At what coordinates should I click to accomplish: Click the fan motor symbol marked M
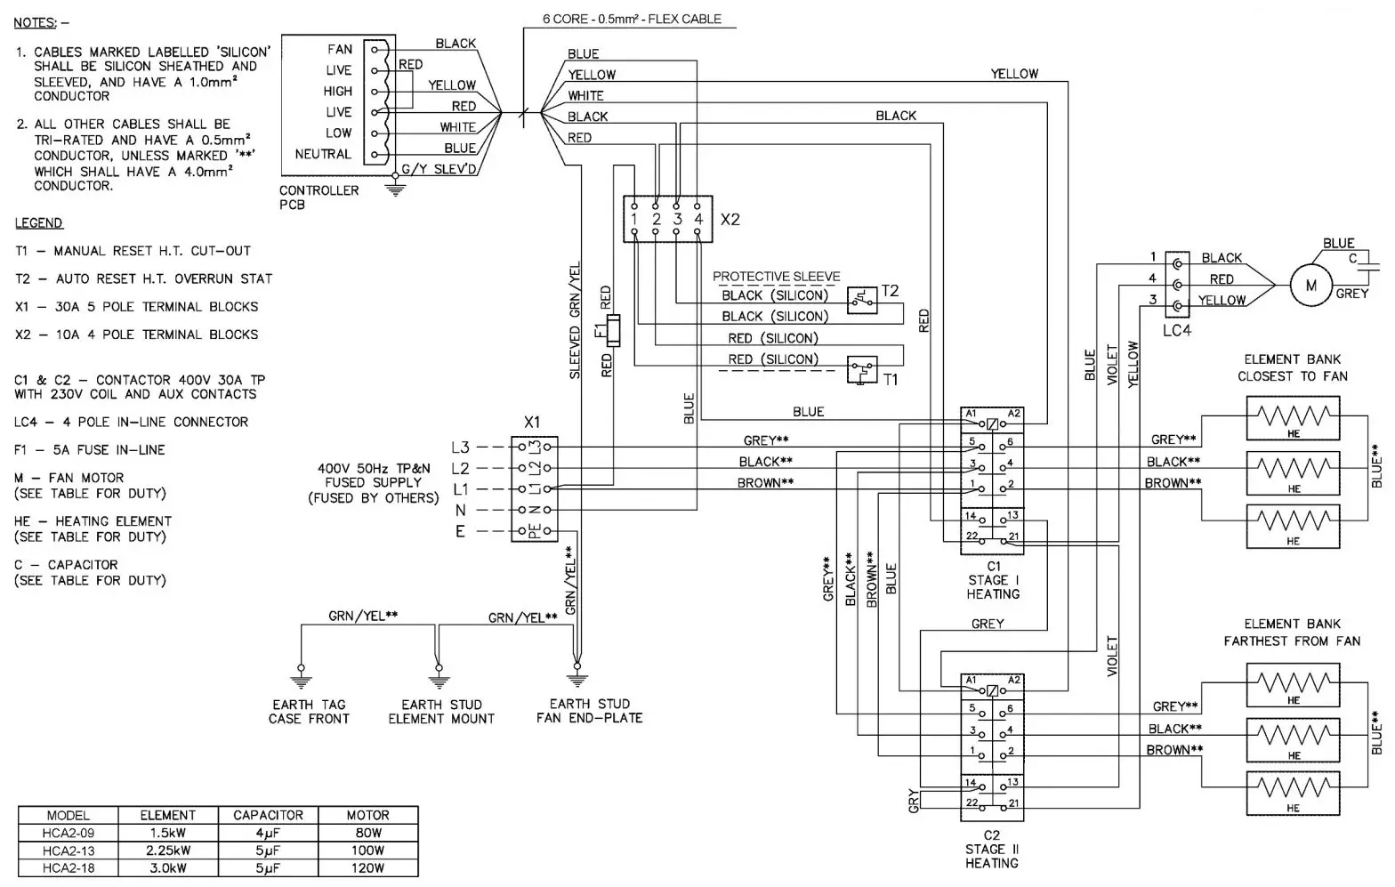(x=1310, y=286)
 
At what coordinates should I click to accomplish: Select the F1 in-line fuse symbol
(x=612, y=331)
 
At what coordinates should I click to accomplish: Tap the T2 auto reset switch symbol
(x=862, y=300)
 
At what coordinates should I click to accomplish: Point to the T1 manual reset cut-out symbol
(x=862, y=368)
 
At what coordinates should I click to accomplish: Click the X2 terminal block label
(x=730, y=219)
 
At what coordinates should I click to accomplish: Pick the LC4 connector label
(x=1176, y=331)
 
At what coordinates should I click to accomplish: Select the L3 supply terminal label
(x=460, y=448)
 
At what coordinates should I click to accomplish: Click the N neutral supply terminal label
(x=460, y=511)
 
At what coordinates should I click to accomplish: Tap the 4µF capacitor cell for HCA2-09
(x=268, y=834)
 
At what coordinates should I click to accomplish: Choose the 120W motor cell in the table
(x=367, y=867)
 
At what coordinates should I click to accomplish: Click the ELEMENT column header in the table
(x=167, y=815)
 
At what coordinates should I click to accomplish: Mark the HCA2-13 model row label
(x=69, y=851)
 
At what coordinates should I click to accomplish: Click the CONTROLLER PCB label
(x=319, y=198)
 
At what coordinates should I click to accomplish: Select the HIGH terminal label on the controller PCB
(x=338, y=91)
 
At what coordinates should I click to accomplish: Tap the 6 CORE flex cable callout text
(x=632, y=19)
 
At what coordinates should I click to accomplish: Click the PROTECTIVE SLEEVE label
(x=776, y=277)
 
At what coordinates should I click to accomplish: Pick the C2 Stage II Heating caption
(x=992, y=849)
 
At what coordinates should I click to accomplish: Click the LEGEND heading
(x=39, y=223)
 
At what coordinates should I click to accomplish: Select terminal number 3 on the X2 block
(x=677, y=219)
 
